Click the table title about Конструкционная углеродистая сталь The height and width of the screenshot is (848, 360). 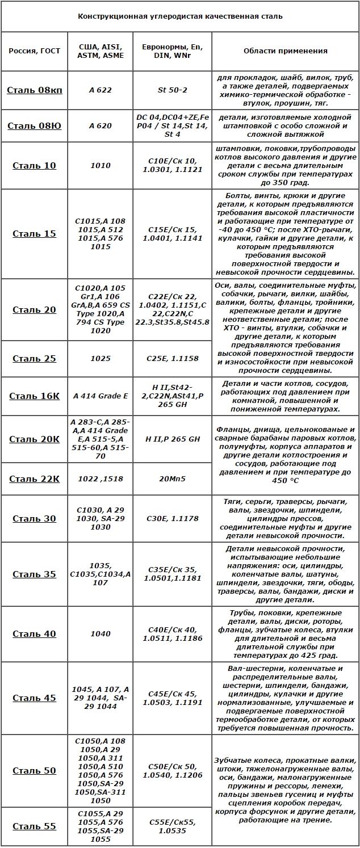tap(180, 16)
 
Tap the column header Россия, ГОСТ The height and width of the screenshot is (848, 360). tap(34, 51)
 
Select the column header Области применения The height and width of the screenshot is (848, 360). tap(285, 51)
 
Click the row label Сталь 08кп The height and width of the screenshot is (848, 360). tap(34, 90)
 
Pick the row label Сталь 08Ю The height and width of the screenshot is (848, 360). tap(34, 125)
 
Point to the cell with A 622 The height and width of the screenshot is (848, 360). tap(101, 90)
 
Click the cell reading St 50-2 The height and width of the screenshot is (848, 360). tap(173, 90)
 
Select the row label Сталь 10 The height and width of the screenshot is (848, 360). tap(34, 165)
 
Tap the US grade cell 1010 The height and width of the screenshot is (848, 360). tap(101, 165)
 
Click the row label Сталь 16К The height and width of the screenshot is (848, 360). tap(34, 396)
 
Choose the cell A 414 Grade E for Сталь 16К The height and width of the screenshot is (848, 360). tap(101, 396)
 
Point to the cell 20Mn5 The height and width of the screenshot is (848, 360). tap(173, 478)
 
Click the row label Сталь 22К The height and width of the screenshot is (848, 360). tap(34, 478)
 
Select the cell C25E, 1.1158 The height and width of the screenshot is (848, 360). tap(173, 358)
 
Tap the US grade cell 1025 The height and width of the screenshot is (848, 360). tap(101, 358)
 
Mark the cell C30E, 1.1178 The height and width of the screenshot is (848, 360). tap(173, 518)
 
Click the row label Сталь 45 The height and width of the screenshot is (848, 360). tap(34, 698)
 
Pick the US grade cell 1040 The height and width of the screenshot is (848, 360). tap(101, 633)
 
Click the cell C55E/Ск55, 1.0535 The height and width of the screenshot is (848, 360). tap(173, 826)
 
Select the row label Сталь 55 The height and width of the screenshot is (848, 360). tap(34, 826)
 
